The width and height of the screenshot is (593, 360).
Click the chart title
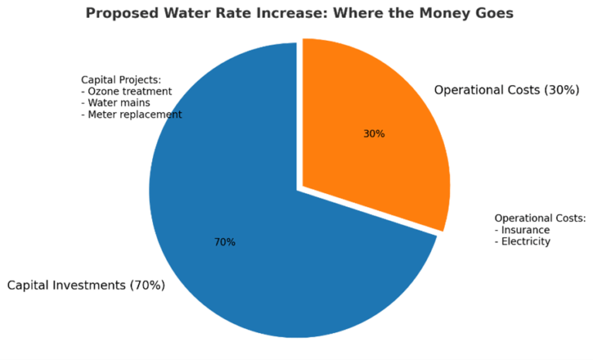299,14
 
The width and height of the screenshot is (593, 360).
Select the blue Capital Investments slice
232,263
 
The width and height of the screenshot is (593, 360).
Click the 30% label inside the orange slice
374,134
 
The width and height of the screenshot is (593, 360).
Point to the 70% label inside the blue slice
225,242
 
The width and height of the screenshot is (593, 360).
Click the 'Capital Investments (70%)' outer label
86,285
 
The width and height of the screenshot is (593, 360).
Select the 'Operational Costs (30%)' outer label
506,90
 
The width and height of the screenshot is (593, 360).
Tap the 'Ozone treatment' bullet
130,91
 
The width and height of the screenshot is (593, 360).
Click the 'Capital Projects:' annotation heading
121,80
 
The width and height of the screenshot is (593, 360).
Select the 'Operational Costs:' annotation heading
540,218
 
